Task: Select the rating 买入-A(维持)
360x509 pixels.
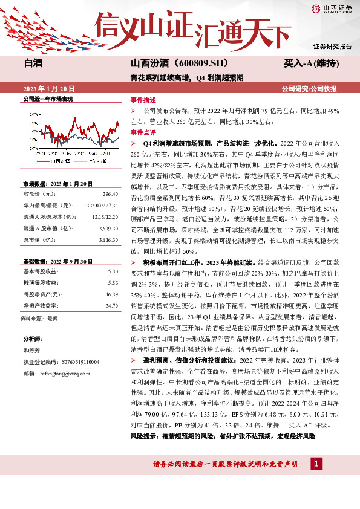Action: [311, 63]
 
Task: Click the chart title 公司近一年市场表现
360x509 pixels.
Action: [48, 99]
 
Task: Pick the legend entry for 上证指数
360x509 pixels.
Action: [95, 161]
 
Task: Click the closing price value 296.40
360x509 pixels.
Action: [110, 194]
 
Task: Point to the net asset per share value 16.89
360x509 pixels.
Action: [111, 294]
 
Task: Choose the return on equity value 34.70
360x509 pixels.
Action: [111, 306]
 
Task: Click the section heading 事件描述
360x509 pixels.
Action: [143, 99]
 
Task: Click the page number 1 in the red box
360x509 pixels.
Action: [316, 464]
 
